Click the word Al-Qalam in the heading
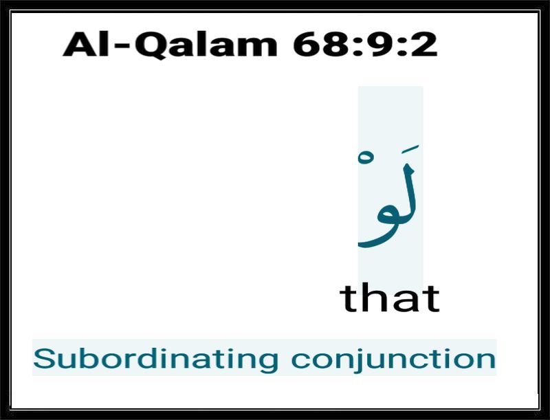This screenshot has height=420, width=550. [x=170, y=45]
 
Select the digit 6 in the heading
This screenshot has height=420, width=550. [x=307, y=44]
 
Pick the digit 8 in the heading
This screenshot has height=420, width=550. [x=338, y=44]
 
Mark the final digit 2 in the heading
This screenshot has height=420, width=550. [x=424, y=44]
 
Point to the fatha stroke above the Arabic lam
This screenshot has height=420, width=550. [x=410, y=148]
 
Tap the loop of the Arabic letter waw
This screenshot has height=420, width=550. [x=387, y=217]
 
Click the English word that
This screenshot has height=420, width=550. [x=390, y=298]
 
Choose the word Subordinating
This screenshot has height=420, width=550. [x=156, y=359]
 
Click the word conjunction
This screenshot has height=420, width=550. [x=393, y=359]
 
